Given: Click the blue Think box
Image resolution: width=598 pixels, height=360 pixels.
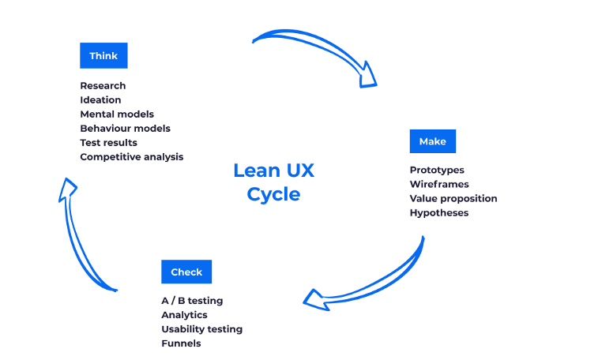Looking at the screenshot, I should click(103, 56).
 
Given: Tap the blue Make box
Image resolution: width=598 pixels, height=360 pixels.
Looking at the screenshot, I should click(432, 141).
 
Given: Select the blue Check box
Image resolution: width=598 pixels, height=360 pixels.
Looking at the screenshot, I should click(186, 272).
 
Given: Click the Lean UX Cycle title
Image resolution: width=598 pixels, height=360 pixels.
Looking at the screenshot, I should click(273, 182).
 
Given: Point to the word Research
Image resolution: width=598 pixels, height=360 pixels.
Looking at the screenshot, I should click(103, 85).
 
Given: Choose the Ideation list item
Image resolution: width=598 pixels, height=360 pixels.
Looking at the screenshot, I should click(100, 100).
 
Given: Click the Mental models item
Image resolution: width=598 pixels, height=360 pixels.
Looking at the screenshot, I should click(117, 114).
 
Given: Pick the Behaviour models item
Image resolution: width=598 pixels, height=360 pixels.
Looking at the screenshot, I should click(125, 129).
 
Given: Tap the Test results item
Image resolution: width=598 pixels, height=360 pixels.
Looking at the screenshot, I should click(108, 143).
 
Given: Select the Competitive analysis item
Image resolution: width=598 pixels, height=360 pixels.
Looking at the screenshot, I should click(131, 157).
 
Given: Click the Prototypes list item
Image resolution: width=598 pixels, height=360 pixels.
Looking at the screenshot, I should click(437, 171).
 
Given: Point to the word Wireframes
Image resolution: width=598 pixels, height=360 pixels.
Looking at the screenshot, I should click(439, 185).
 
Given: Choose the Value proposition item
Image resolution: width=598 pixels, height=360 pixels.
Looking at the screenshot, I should click(453, 199).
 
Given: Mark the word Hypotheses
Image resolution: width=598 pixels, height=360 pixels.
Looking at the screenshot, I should click(438, 213).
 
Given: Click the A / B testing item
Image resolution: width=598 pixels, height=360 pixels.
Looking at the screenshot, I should click(192, 301).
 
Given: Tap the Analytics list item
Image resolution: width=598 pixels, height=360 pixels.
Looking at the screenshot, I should click(184, 315).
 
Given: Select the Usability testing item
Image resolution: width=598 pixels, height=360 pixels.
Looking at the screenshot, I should click(201, 329).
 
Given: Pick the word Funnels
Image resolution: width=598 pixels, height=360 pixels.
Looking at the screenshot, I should click(181, 343).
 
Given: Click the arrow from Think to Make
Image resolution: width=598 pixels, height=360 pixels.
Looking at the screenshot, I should click(324, 47).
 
